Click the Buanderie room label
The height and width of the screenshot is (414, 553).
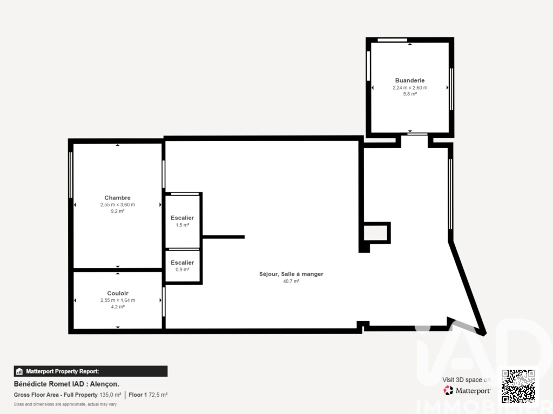[x=410, y=81]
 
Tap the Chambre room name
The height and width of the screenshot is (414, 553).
[x=117, y=198]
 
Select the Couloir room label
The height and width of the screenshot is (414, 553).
[x=118, y=293]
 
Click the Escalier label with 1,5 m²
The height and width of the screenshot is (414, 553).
[x=183, y=218]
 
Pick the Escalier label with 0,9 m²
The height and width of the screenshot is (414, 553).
[x=183, y=263]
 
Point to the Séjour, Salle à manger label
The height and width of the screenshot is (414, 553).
[x=291, y=274]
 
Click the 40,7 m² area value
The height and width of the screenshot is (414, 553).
[x=291, y=281]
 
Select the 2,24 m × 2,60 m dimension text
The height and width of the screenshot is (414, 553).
[x=410, y=88]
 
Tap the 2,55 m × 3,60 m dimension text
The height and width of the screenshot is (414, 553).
[x=117, y=204]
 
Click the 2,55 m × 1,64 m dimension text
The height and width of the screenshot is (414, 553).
[x=118, y=300]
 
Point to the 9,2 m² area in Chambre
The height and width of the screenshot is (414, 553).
[x=117, y=211]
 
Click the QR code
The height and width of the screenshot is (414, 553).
[x=518, y=386]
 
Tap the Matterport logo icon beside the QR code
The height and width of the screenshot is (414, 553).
[x=448, y=390]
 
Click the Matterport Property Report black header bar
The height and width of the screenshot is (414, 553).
[x=91, y=371]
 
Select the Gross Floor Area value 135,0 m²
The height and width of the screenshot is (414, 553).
[x=110, y=395]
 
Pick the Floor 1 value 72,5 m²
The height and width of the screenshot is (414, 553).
[x=158, y=395]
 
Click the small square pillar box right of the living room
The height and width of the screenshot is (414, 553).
[x=376, y=233]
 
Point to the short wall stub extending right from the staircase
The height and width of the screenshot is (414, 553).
[x=223, y=237]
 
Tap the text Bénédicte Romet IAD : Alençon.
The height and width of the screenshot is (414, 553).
[x=66, y=384]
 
